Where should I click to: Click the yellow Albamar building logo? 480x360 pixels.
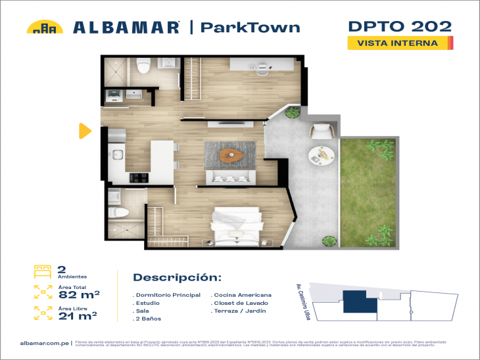pyautogui.click(x=45, y=27)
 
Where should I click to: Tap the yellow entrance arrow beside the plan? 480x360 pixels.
pyautogui.click(x=84, y=131)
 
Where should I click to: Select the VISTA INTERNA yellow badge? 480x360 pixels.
pyautogui.click(x=400, y=43)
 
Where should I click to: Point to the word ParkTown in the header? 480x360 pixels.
pyautogui.click(x=249, y=28)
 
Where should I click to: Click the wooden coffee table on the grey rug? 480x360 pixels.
pyautogui.click(x=230, y=155)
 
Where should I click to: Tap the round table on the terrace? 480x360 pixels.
pyautogui.click(x=322, y=155)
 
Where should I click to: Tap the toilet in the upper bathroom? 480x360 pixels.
pyautogui.click(x=144, y=66)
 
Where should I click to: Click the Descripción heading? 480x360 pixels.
pyautogui.click(x=177, y=277)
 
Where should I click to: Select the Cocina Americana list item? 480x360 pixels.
pyautogui.click(x=242, y=295)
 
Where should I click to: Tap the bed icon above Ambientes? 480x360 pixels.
pyautogui.click(x=43, y=270)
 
